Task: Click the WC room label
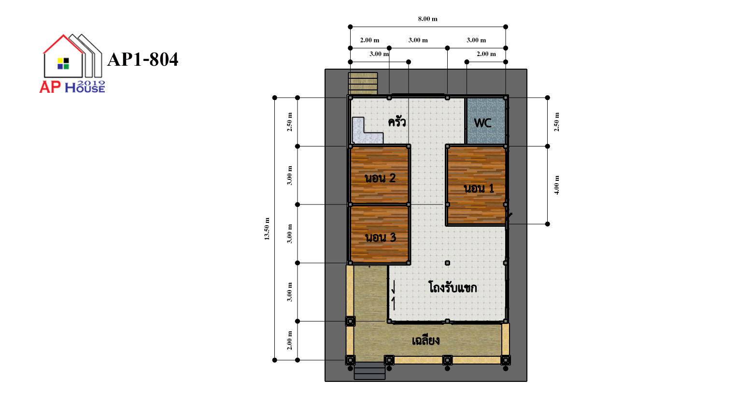482,123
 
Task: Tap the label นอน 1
479,189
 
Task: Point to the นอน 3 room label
381,237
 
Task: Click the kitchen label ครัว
397,122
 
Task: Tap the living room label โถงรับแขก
453,288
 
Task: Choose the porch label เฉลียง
426,340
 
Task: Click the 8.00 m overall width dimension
428,19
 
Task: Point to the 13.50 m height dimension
267,229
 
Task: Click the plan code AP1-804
143,59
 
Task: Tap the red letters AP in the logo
50,87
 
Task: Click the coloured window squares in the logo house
63,63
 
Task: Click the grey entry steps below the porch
369,371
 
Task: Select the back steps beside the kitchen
363,84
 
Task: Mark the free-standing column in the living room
447,263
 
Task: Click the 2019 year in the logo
92,83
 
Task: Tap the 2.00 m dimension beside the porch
290,340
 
